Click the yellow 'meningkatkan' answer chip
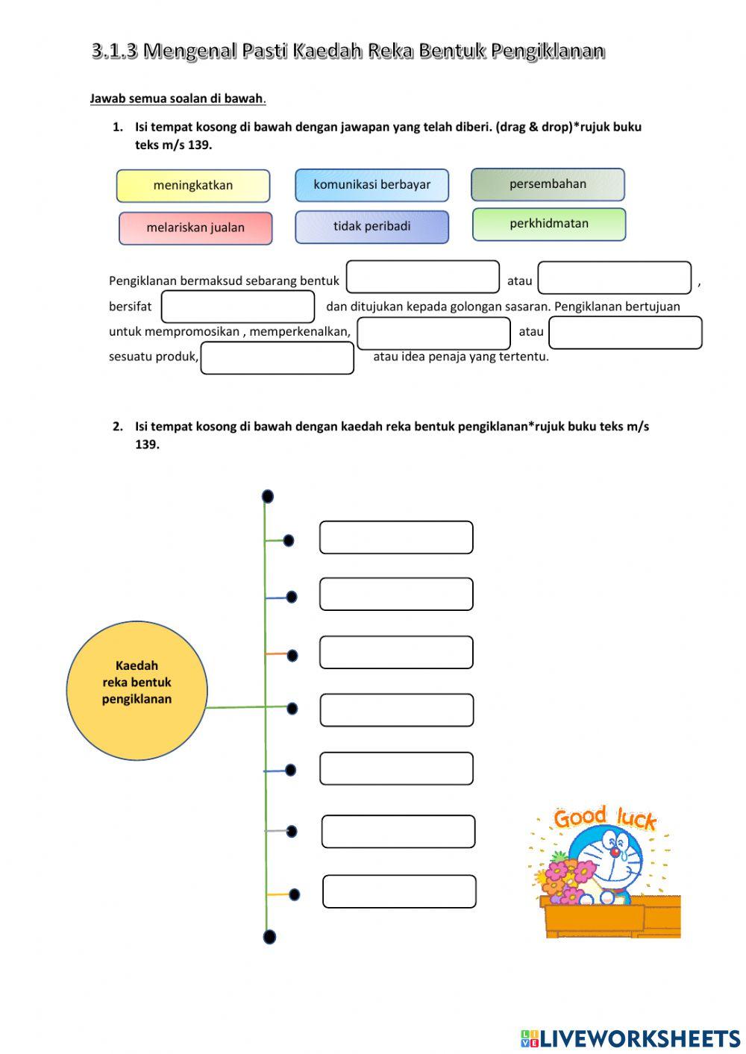pyautogui.click(x=192, y=186)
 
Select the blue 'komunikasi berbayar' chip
pyautogui.click(x=372, y=185)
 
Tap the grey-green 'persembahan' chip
pyautogui.click(x=548, y=184)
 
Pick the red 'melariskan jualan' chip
pyautogui.click(x=195, y=228)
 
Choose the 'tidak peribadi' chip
pyautogui.click(x=372, y=227)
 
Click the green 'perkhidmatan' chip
pyautogui.click(x=549, y=225)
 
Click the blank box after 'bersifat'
pyautogui.click(x=238, y=307)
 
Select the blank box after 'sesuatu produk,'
pyautogui.click(x=277, y=358)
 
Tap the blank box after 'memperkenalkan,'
pyautogui.click(x=433, y=333)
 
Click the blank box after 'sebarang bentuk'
pyautogui.click(x=422, y=277)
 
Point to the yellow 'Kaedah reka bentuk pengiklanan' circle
pyautogui.click(x=137, y=690)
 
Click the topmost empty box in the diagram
pyautogui.click(x=396, y=537)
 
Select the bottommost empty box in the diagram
pyautogui.click(x=399, y=891)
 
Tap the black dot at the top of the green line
pyautogui.click(x=268, y=496)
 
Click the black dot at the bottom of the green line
pyautogui.click(x=269, y=937)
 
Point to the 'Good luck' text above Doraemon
pyautogui.click(x=604, y=819)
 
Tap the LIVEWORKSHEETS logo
pyautogui.click(x=630, y=1038)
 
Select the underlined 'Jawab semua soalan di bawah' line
pyautogui.click(x=177, y=98)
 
